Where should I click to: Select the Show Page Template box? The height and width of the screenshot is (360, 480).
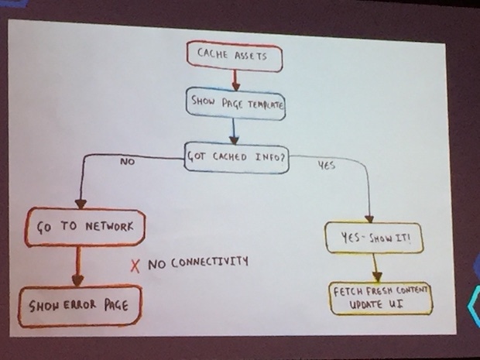coord(234,104)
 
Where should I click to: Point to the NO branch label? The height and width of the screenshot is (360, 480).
coord(127,163)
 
